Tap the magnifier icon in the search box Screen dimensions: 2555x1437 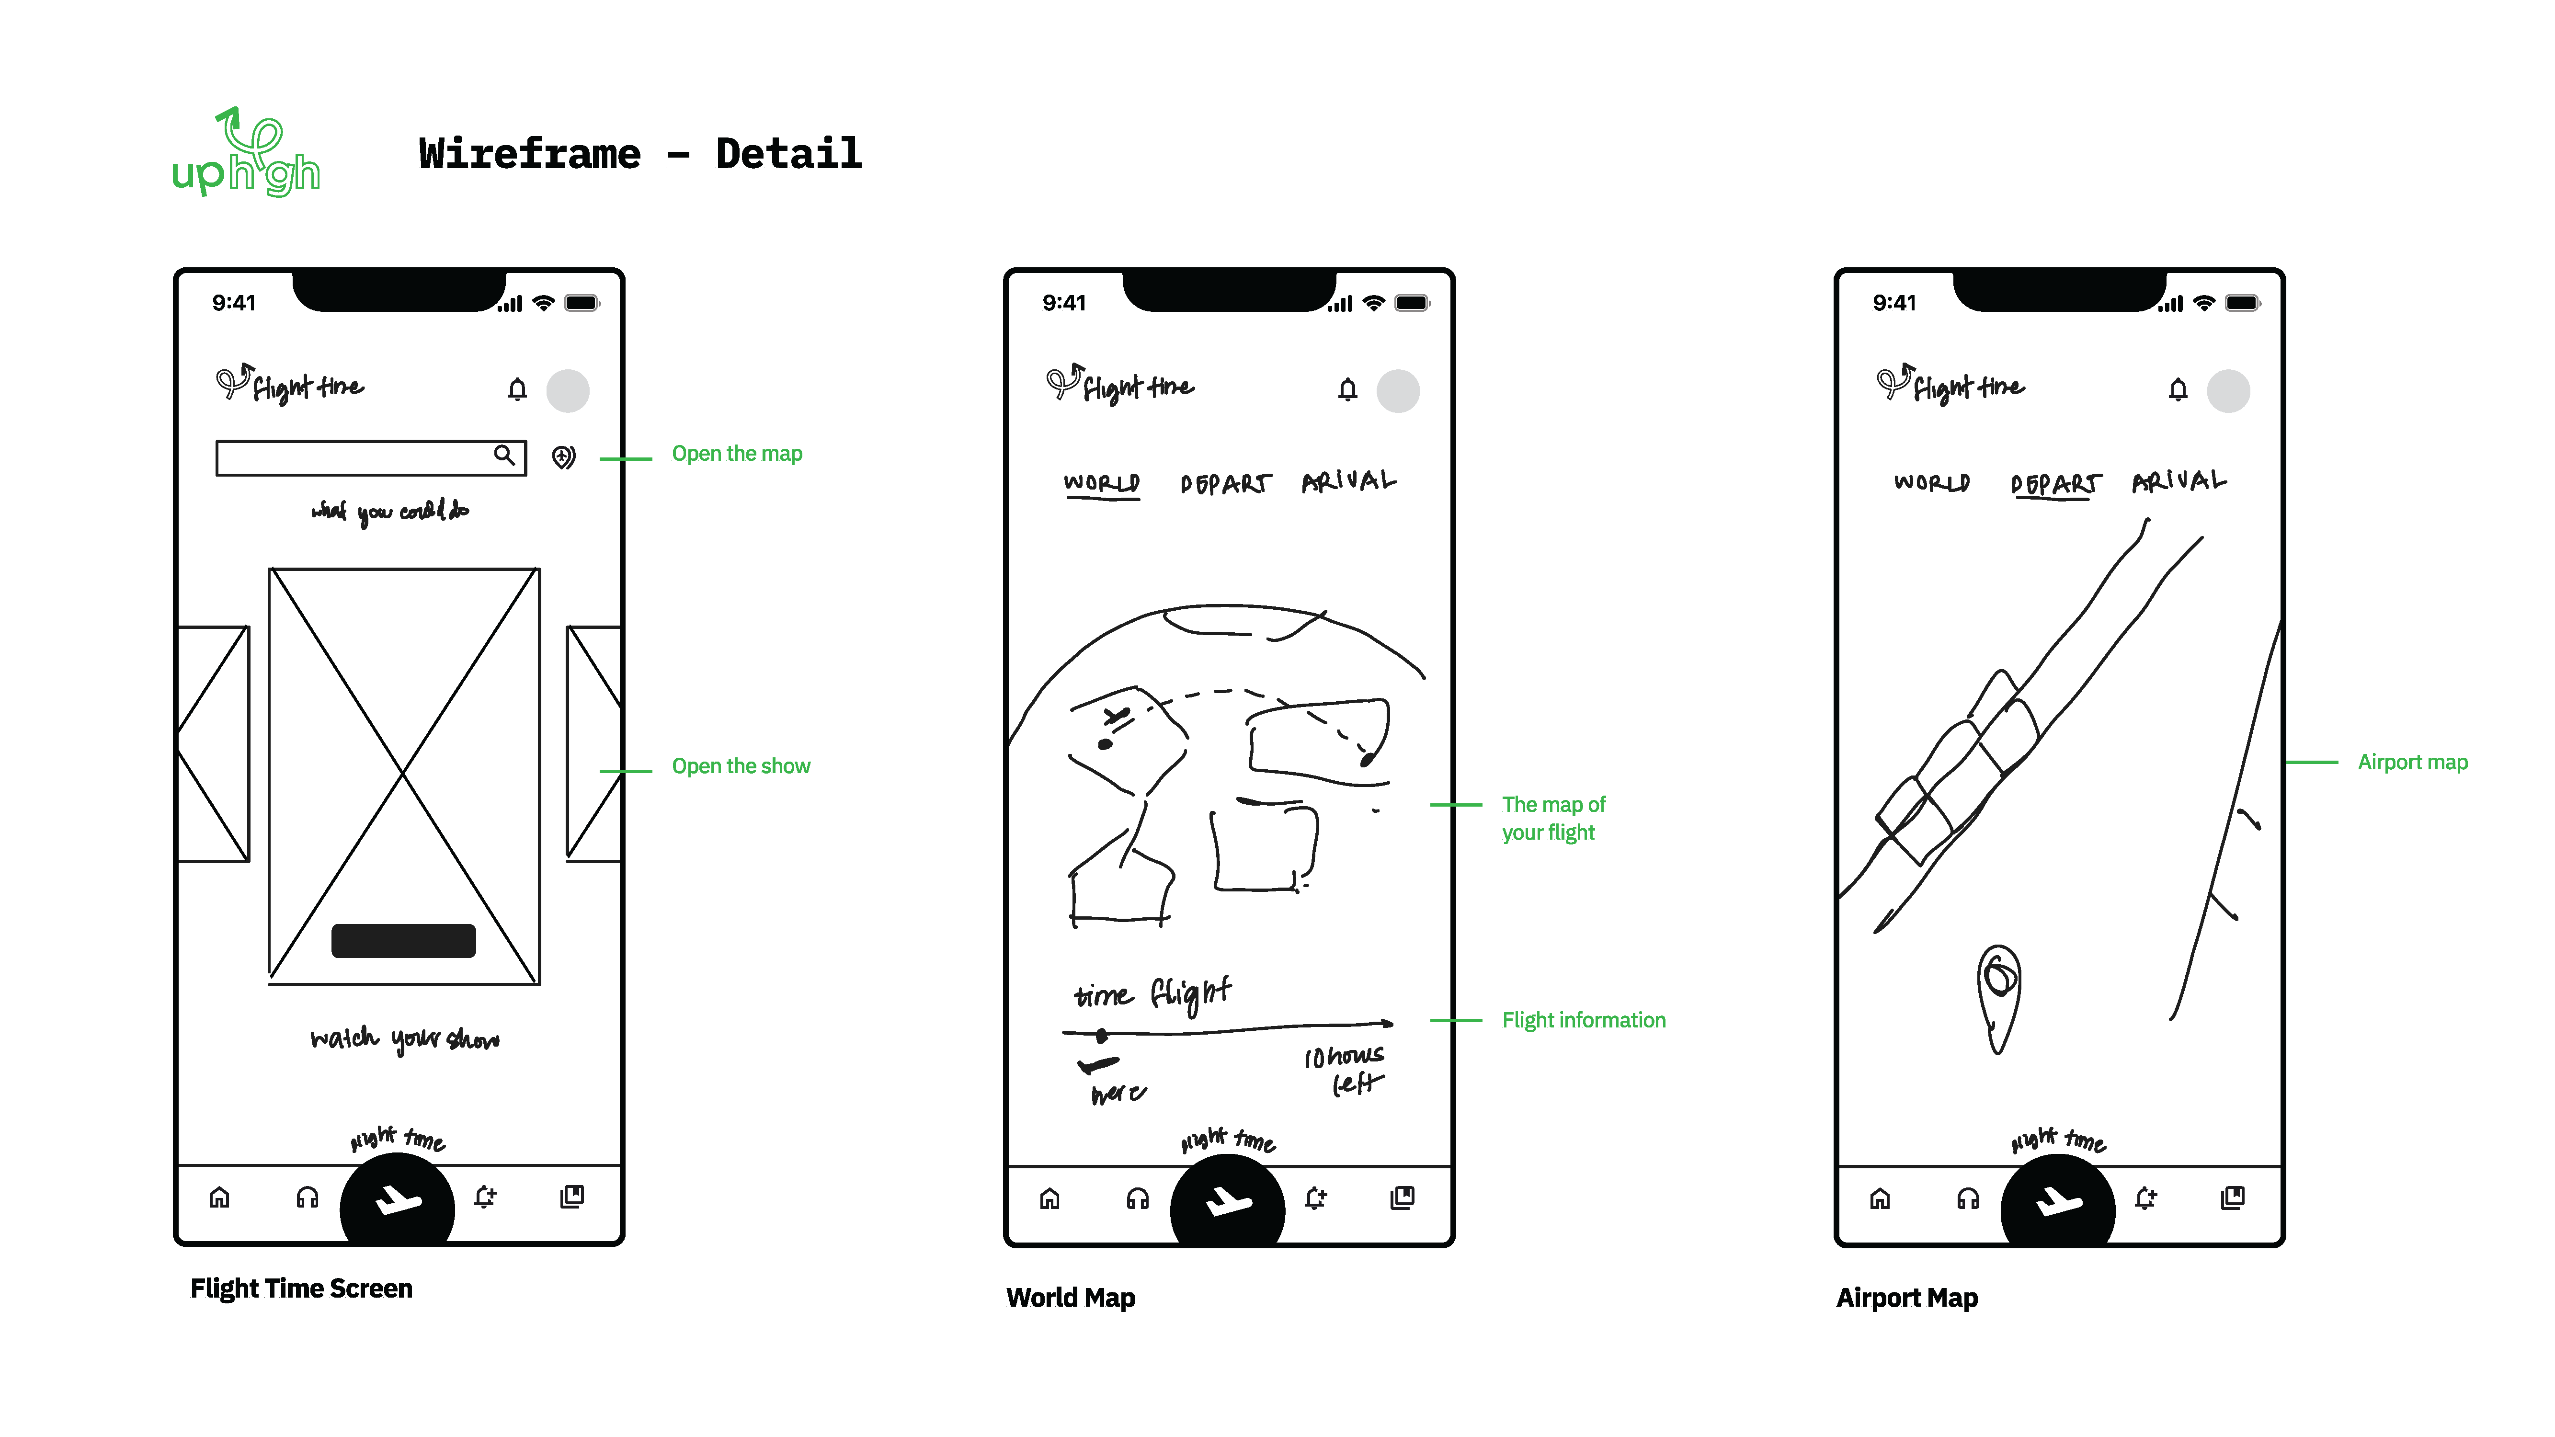coord(504,455)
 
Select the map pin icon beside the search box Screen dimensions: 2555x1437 coord(563,457)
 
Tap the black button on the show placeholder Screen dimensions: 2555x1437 coord(403,940)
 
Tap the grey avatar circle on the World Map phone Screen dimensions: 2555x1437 coord(1398,391)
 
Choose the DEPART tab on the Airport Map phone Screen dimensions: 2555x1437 coord(2054,484)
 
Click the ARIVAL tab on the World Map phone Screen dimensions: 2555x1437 coord(1348,482)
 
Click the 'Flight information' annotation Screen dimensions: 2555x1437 coord(1583,1020)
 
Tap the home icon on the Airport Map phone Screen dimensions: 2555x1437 coord(1880,1199)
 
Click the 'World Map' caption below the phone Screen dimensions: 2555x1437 coord(1070,1298)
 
